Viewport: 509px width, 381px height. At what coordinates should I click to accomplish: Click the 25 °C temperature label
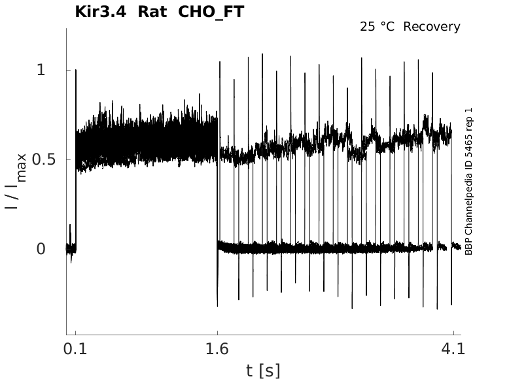click(378, 27)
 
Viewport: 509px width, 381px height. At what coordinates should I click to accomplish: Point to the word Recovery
click(432, 27)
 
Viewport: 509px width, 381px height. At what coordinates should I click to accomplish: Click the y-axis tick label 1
click(41, 70)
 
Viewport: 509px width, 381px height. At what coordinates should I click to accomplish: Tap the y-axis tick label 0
click(41, 249)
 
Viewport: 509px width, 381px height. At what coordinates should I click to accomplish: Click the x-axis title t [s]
click(263, 371)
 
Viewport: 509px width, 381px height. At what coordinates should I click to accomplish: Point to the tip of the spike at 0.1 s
click(76, 70)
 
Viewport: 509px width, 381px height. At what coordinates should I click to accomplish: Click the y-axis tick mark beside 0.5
click(65, 159)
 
